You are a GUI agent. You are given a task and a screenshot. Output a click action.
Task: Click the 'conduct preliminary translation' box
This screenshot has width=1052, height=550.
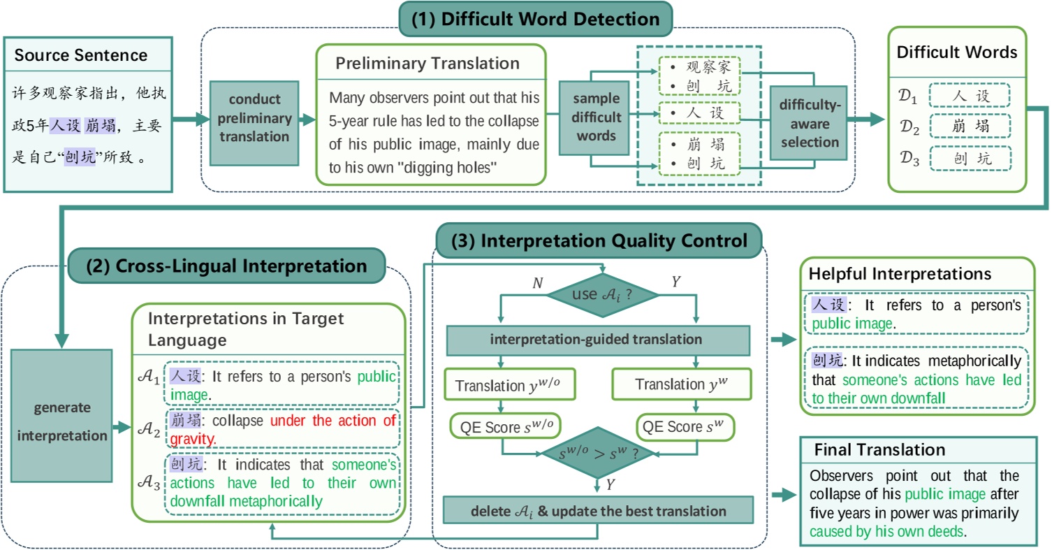(254, 117)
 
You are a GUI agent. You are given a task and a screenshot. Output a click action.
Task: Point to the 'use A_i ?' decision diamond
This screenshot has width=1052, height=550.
(603, 294)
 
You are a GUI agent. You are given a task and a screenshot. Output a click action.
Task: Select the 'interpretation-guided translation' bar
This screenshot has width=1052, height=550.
(597, 340)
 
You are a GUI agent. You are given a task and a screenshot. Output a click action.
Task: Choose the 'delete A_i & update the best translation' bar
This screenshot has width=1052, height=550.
(597, 511)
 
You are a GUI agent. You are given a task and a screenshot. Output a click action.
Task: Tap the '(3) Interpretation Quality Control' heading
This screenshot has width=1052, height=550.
(599, 240)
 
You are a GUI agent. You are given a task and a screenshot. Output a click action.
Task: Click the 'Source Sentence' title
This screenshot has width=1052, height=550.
(81, 55)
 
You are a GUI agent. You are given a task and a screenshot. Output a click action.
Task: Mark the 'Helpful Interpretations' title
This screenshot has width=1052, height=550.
(899, 275)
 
